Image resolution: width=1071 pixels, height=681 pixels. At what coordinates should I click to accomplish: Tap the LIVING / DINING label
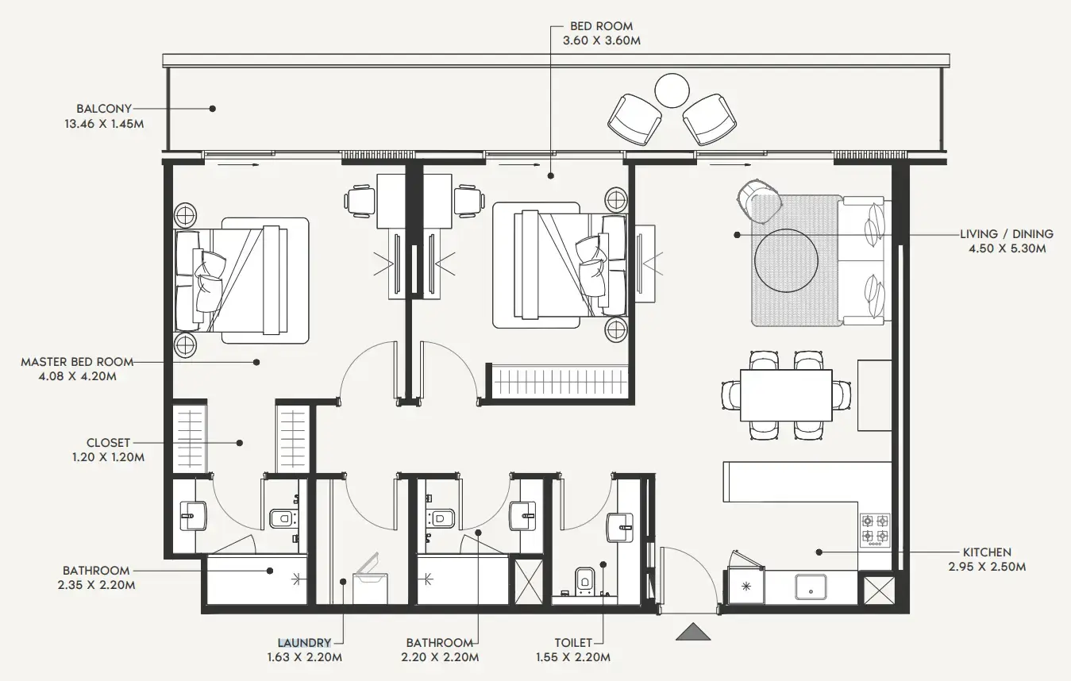[x=1006, y=234]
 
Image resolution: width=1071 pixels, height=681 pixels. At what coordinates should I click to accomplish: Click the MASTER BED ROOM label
[x=77, y=362]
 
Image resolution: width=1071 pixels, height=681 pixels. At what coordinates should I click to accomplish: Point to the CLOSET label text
[x=108, y=443]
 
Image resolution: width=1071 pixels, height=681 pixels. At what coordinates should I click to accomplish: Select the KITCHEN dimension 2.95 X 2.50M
[x=987, y=567]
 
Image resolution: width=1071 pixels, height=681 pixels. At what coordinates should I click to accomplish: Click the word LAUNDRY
[x=304, y=643]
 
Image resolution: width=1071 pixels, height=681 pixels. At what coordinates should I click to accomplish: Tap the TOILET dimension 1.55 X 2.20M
[x=573, y=657]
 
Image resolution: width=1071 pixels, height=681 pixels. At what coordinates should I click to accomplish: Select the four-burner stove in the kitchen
[x=875, y=529]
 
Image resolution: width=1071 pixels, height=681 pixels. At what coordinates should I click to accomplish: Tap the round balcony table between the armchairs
[x=672, y=90]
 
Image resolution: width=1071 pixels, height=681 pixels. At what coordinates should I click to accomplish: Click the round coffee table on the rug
[x=786, y=260]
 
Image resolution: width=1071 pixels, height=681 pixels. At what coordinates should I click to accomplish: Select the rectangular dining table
[x=786, y=395]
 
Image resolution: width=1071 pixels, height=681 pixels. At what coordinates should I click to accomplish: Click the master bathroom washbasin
[x=193, y=516]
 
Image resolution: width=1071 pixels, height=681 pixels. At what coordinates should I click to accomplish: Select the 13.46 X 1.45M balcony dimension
[x=104, y=124]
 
